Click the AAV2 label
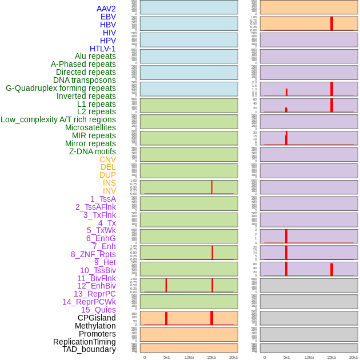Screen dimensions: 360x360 [106, 9]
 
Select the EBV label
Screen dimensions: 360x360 [108, 17]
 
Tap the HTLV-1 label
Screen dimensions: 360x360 [102, 49]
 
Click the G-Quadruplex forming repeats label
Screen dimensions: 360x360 [61, 88]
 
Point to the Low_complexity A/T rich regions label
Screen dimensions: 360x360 [58, 119]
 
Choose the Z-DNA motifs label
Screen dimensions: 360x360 [92, 151]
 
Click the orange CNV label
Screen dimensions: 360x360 [107, 159]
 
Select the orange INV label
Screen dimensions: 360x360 [109, 191]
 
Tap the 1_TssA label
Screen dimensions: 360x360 [103, 199]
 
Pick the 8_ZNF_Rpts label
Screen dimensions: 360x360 [93, 254]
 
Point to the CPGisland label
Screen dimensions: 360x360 [97, 318]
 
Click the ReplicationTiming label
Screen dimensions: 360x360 [85, 342]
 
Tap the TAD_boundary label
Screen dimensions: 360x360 [89, 349]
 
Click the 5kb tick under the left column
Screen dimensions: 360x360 [167, 357]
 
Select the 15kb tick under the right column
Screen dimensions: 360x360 [331, 357]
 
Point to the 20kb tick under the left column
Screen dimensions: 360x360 [234, 357]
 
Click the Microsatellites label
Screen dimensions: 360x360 [90, 127]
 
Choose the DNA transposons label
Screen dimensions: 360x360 [85, 80]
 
